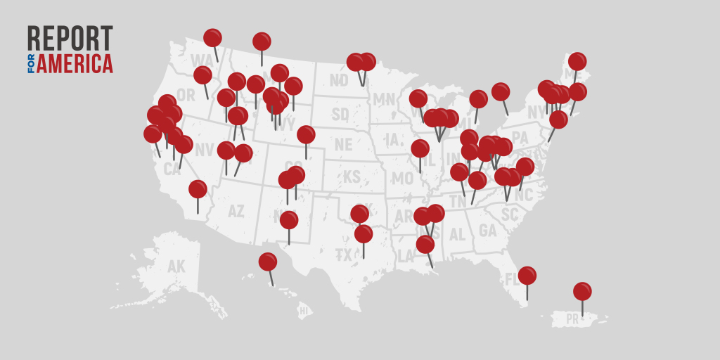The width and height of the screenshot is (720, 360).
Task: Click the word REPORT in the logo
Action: point(70,39)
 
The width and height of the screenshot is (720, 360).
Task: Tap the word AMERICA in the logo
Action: point(75,63)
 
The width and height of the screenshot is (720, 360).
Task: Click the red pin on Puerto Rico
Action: point(582,291)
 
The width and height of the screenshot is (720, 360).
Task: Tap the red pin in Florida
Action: point(527,276)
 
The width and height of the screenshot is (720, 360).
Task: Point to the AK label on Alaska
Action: point(176,266)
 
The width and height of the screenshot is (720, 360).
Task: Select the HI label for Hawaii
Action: point(304,309)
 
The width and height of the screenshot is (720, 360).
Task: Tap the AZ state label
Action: point(237,210)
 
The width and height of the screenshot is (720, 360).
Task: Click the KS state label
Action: point(351,176)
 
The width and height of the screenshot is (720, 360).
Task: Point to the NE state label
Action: point(343,144)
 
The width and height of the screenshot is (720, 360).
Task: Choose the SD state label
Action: point(340,113)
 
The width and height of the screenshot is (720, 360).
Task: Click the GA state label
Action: point(487,230)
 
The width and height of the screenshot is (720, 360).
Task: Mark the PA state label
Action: point(520,136)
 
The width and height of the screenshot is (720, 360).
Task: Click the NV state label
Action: point(204,150)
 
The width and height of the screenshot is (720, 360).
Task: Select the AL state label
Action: point(457,234)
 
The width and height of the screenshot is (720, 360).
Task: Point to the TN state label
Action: point(458,201)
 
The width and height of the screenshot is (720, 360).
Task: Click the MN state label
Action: point(384,99)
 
